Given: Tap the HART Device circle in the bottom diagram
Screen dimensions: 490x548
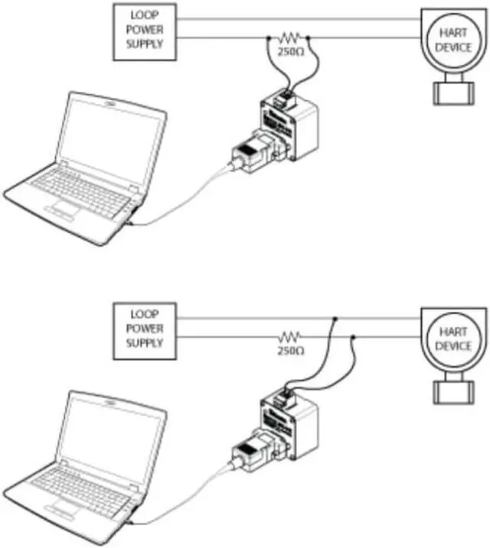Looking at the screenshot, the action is [452, 338].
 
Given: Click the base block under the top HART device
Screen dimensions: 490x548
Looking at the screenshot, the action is [453, 92].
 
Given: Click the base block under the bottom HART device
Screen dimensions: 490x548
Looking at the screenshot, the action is [453, 391].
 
